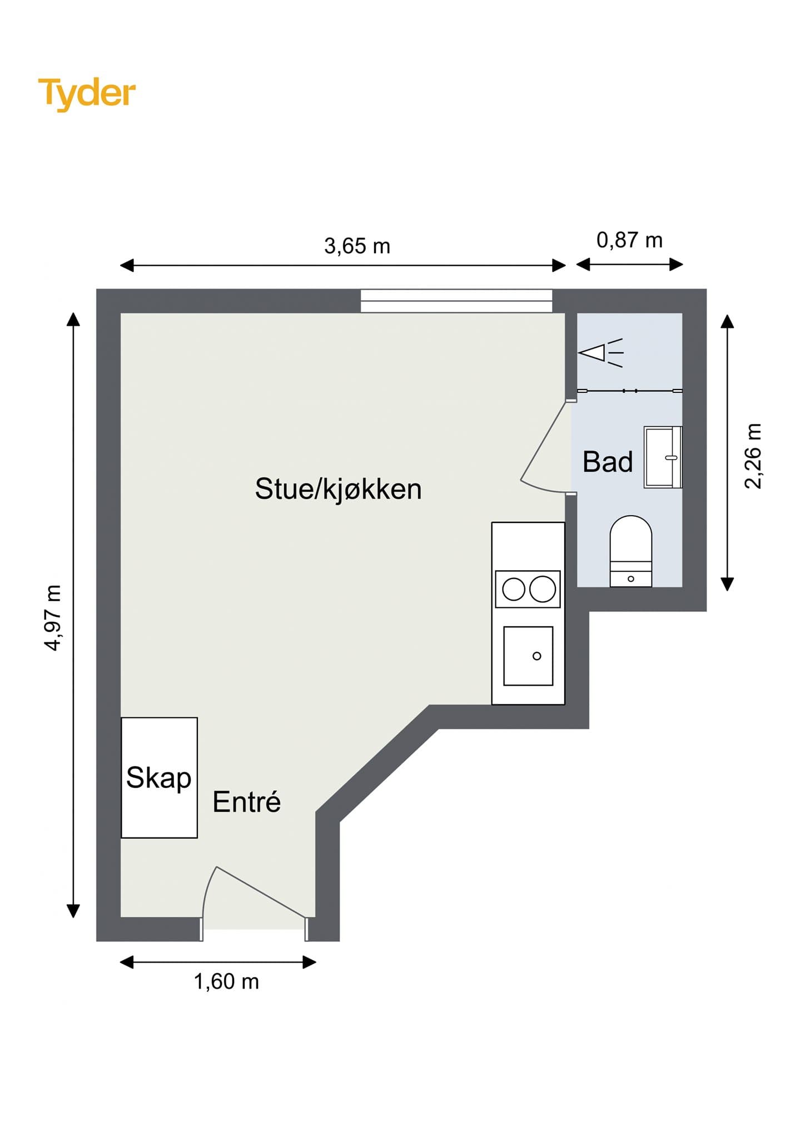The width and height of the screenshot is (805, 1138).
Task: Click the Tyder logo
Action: [87, 93]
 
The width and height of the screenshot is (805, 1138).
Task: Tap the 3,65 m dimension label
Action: [357, 246]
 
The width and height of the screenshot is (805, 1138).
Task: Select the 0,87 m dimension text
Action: [629, 240]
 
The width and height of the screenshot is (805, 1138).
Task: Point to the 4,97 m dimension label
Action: [53, 617]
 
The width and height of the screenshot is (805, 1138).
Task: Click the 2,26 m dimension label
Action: [753, 456]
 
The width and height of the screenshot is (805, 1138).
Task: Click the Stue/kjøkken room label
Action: [338, 489]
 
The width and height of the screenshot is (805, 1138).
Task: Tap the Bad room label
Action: [608, 462]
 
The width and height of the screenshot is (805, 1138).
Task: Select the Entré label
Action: [247, 802]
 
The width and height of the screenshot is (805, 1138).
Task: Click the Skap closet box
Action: [159, 777]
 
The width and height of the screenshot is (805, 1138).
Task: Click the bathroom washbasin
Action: [662, 457]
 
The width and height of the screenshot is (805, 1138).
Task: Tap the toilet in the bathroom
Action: [631, 550]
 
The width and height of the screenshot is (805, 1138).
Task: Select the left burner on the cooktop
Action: [514, 589]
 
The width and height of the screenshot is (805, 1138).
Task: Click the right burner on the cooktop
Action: [543, 589]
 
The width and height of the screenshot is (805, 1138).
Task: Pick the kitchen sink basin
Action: [528, 656]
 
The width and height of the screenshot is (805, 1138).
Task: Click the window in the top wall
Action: [456, 301]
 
